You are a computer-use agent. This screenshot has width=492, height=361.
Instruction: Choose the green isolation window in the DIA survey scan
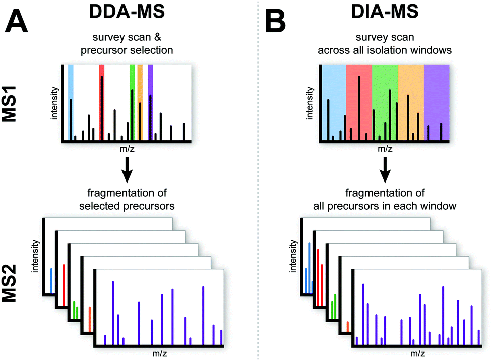(385, 80)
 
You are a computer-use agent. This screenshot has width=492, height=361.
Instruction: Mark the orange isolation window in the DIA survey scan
(411, 80)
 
